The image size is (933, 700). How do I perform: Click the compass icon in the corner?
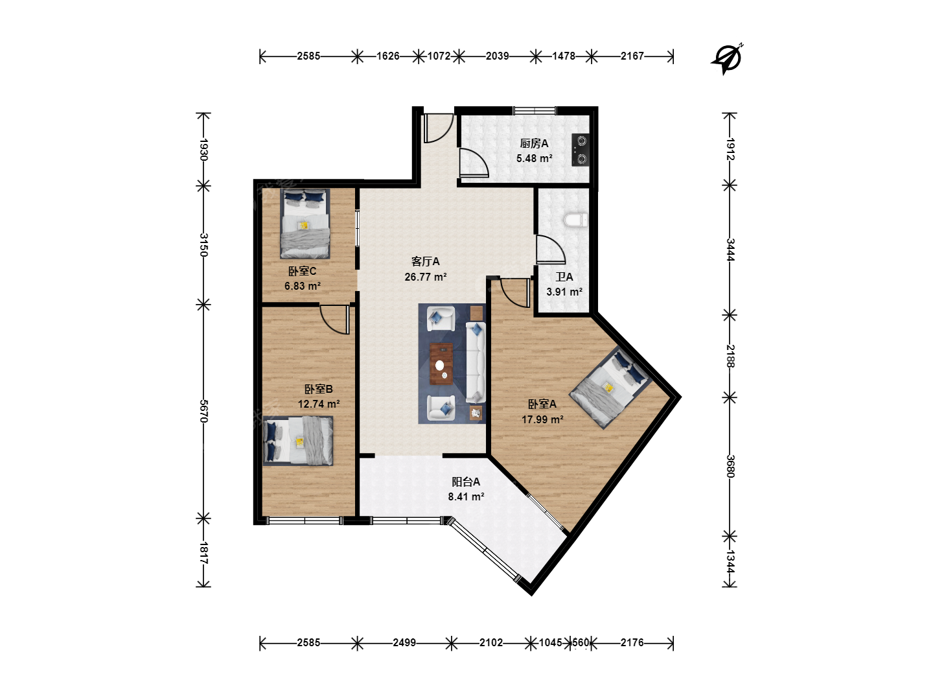[728, 58]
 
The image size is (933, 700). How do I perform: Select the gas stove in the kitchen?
[580, 150]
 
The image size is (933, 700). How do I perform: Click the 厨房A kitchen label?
[534, 144]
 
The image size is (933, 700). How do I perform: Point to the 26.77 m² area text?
[426, 277]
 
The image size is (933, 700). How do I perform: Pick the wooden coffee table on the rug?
[441, 364]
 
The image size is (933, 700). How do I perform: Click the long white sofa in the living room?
[476, 362]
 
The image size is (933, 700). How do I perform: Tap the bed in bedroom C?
[305, 224]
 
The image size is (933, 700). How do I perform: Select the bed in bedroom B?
[297, 441]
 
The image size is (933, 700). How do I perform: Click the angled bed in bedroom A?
[610, 387]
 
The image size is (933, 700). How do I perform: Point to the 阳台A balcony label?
[466, 482]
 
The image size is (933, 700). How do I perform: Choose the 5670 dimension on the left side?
[203, 411]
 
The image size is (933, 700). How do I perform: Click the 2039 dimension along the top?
[498, 56]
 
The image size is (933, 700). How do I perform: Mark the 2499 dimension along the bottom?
[404, 642]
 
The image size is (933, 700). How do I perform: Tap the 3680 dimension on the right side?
[730, 466]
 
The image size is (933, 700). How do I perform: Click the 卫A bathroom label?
[564, 277]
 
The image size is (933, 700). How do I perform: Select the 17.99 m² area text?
[543, 419]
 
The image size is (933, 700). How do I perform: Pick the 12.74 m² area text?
[319, 404]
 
